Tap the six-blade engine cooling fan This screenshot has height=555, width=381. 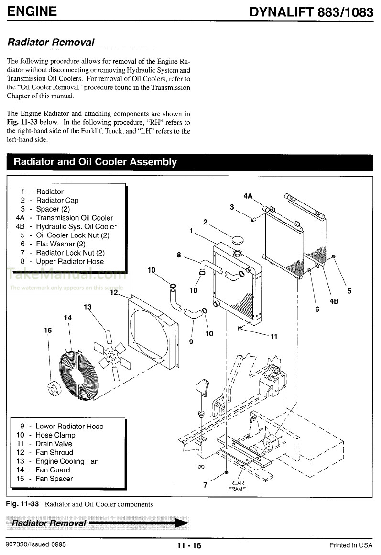111,354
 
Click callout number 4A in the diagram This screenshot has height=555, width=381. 248,196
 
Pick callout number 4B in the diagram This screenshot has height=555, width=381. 334,301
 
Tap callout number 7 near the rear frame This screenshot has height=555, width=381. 205,485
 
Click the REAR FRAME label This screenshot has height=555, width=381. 237,486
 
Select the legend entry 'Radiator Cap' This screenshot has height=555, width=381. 57,200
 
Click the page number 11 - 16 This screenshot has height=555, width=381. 189,546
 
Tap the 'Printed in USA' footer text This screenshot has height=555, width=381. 350,545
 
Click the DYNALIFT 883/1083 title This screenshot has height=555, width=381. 312,12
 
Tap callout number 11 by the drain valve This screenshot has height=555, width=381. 273,337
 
